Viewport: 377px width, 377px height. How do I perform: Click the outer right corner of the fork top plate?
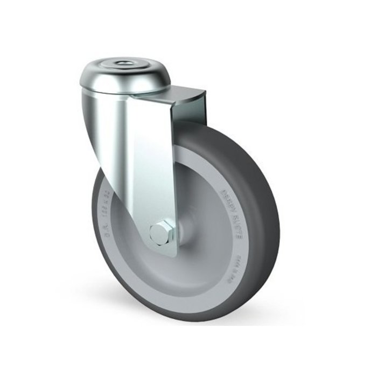206,93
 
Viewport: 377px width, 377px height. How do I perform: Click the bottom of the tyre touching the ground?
183,323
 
